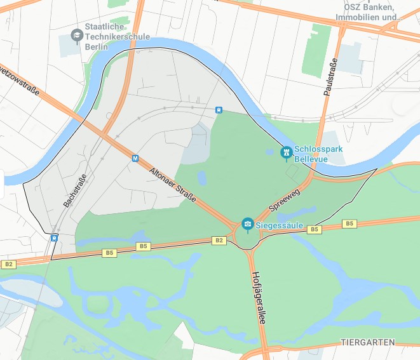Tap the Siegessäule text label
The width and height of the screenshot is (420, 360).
(280, 225)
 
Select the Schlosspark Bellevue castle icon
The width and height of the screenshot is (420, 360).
(286, 152)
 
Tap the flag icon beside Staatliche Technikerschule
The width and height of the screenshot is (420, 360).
(77, 35)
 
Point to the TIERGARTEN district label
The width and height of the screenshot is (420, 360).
(368, 342)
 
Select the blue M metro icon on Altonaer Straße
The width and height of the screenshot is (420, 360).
(135, 158)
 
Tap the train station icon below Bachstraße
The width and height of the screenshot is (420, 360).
(55, 238)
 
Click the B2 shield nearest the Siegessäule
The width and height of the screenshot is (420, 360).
(219, 240)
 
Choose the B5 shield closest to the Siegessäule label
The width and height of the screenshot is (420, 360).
(313, 229)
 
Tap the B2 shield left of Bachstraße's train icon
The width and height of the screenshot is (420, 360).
(8, 264)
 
